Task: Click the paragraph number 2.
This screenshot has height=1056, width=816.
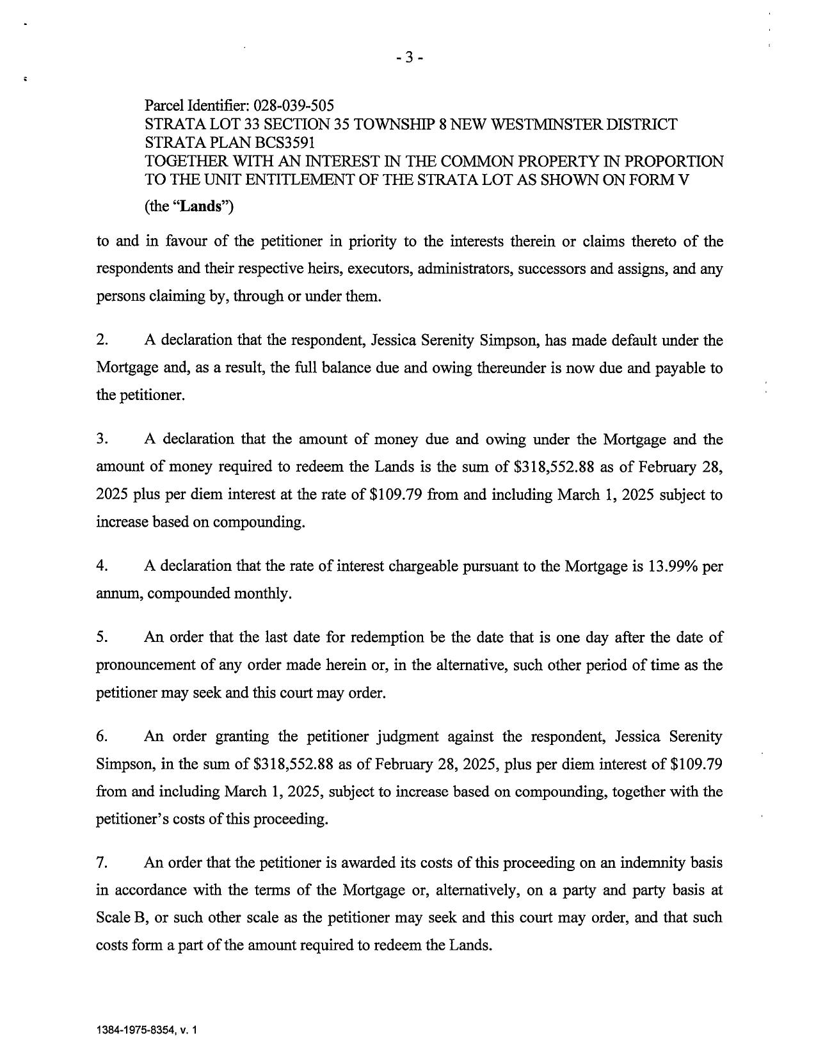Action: (x=102, y=340)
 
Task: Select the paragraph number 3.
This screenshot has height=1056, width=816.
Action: (x=102, y=439)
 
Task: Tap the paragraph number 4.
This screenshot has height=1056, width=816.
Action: (x=102, y=566)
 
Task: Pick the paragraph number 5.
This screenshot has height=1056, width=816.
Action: (x=102, y=637)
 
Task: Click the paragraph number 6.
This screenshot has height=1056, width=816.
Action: (x=102, y=736)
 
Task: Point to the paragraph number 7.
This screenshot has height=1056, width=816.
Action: (x=102, y=863)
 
